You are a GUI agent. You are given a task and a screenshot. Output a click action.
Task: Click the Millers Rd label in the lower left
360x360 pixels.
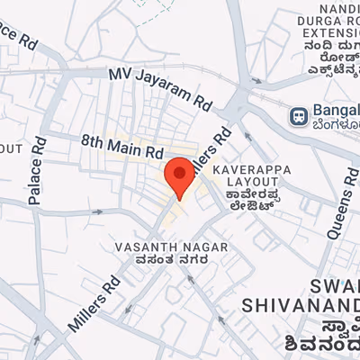(x=94, y=301)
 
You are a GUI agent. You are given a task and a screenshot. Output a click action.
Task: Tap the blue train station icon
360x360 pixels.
(x=297, y=116)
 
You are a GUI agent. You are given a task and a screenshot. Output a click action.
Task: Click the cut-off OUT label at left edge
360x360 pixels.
(x=10, y=148)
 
